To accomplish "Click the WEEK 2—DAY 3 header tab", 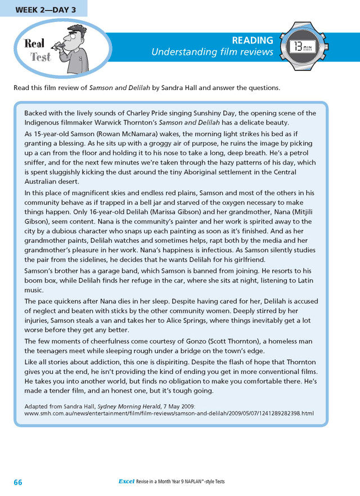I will click(43, 8).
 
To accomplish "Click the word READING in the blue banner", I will click(253, 41).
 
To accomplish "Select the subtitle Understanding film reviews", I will click(212, 52).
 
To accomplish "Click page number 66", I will click(18, 482).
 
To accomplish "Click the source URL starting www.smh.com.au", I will click(169, 413).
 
